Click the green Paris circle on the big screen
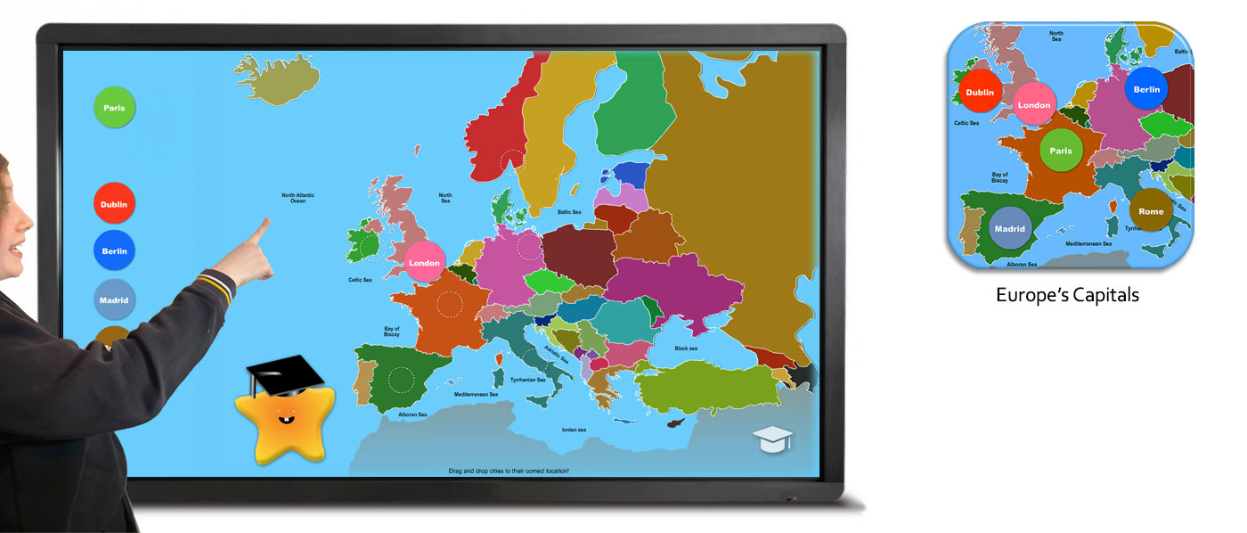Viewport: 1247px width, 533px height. [x=114, y=108]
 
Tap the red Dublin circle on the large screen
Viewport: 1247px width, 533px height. [x=114, y=204]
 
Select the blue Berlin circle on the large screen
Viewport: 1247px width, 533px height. [x=114, y=251]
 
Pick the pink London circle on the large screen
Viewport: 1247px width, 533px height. [x=425, y=263]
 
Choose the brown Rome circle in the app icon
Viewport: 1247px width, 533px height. [x=1151, y=211]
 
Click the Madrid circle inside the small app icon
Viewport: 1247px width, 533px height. [x=1010, y=228]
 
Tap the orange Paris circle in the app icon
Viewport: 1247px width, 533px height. [x=1061, y=151]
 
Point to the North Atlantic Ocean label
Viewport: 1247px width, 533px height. [x=298, y=198]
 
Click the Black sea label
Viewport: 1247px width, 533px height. [x=686, y=348]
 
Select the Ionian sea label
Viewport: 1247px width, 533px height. [x=575, y=430]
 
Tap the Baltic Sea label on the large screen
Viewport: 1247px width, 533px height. [x=569, y=212]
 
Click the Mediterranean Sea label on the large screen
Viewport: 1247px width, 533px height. [x=476, y=394]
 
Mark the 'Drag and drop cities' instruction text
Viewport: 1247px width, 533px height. [x=509, y=470]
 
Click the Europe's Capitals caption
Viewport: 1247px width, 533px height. [x=1067, y=295]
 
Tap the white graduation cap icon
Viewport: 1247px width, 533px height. [x=771, y=439]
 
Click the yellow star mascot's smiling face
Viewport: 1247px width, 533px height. [x=284, y=418]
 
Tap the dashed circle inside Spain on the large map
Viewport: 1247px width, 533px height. [x=401, y=381]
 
